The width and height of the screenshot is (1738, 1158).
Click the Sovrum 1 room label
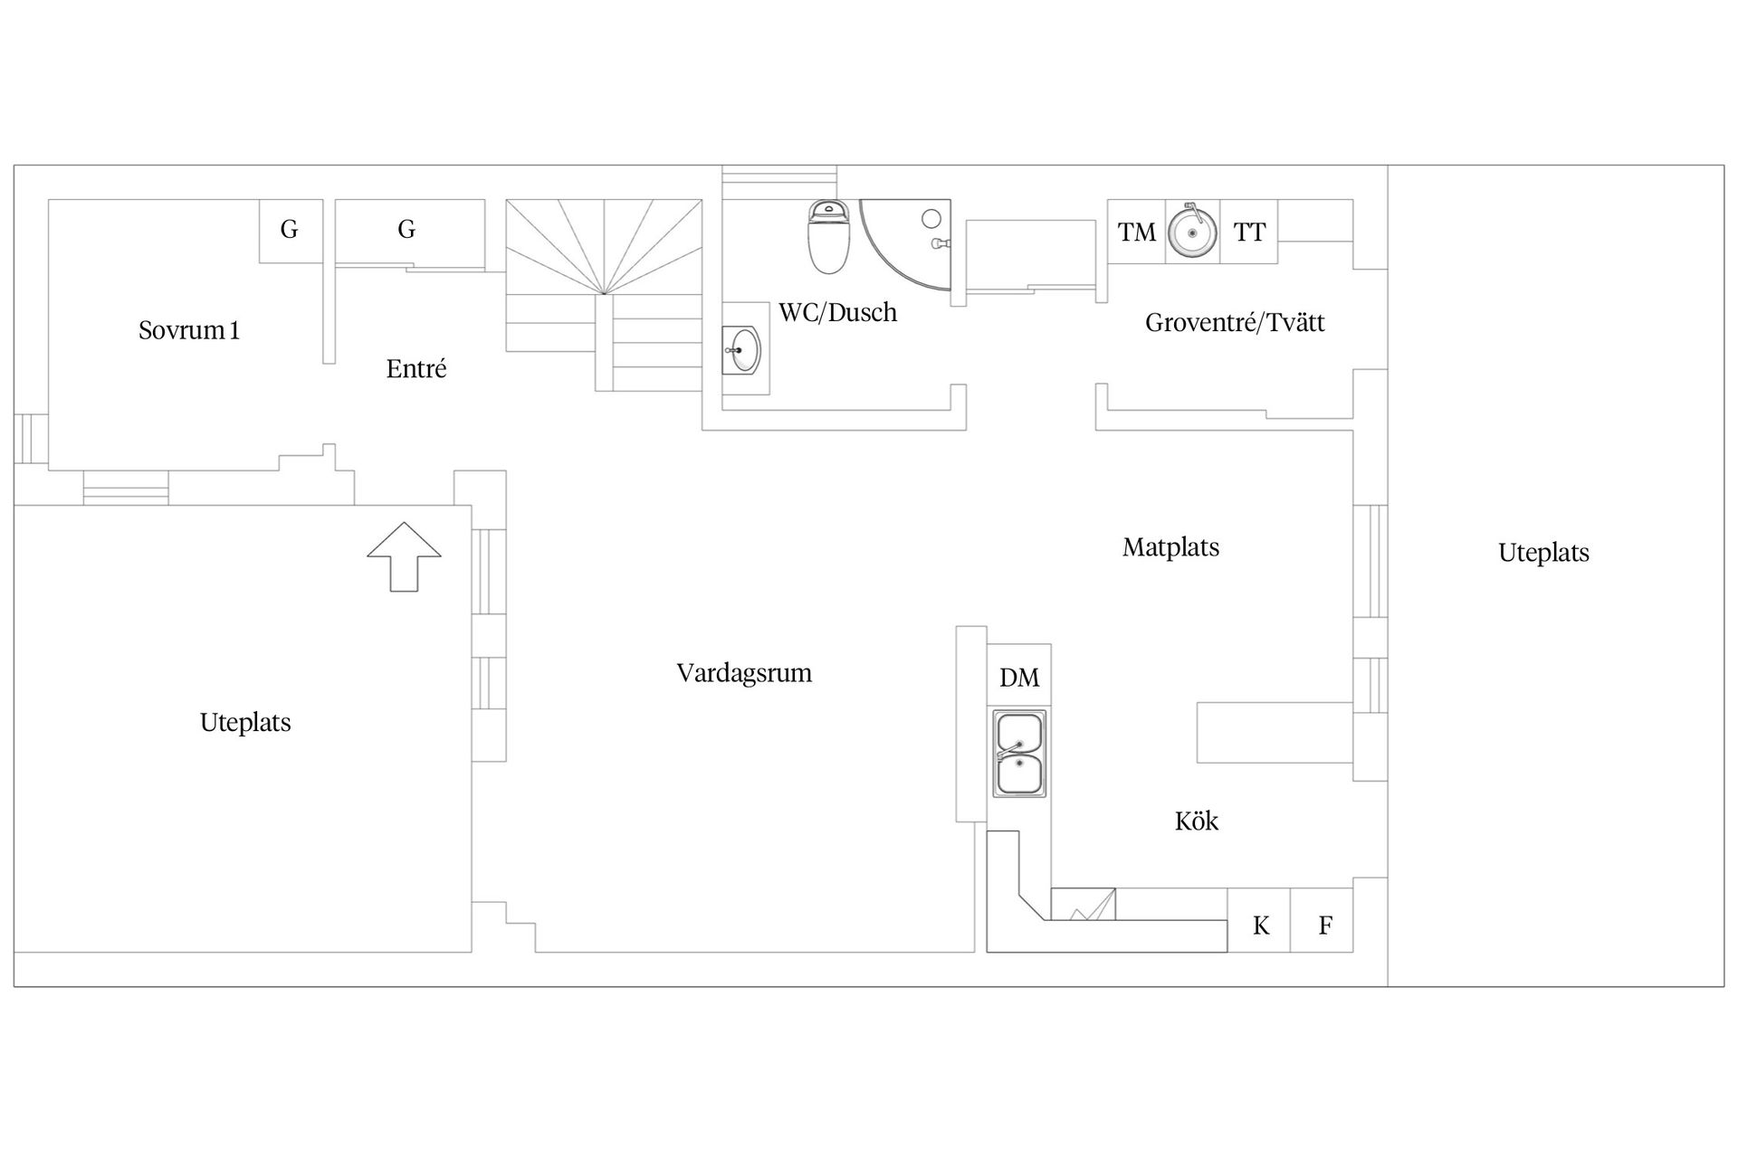(189, 330)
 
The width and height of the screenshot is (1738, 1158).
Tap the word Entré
(416, 369)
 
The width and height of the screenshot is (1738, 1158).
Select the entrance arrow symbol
(404, 556)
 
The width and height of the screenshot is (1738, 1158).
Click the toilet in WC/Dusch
(829, 237)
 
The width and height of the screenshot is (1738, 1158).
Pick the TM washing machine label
(1137, 233)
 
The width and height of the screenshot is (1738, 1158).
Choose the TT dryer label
(1249, 233)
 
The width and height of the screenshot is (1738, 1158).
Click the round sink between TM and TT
(1192, 233)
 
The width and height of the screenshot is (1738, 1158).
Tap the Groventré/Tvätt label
(1235, 323)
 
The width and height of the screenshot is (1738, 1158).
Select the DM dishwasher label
(1019, 678)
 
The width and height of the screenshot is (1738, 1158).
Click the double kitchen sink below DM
(1019, 754)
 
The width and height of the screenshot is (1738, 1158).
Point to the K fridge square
(1260, 925)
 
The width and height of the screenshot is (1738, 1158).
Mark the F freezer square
(1324, 925)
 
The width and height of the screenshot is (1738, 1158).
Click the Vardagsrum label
(744, 673)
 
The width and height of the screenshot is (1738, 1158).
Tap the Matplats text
(1170, 547)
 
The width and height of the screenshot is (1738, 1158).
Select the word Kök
(1197, 821)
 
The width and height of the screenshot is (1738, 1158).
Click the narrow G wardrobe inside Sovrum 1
(290, 230)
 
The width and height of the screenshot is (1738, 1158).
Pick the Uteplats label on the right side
(1543, 553)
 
